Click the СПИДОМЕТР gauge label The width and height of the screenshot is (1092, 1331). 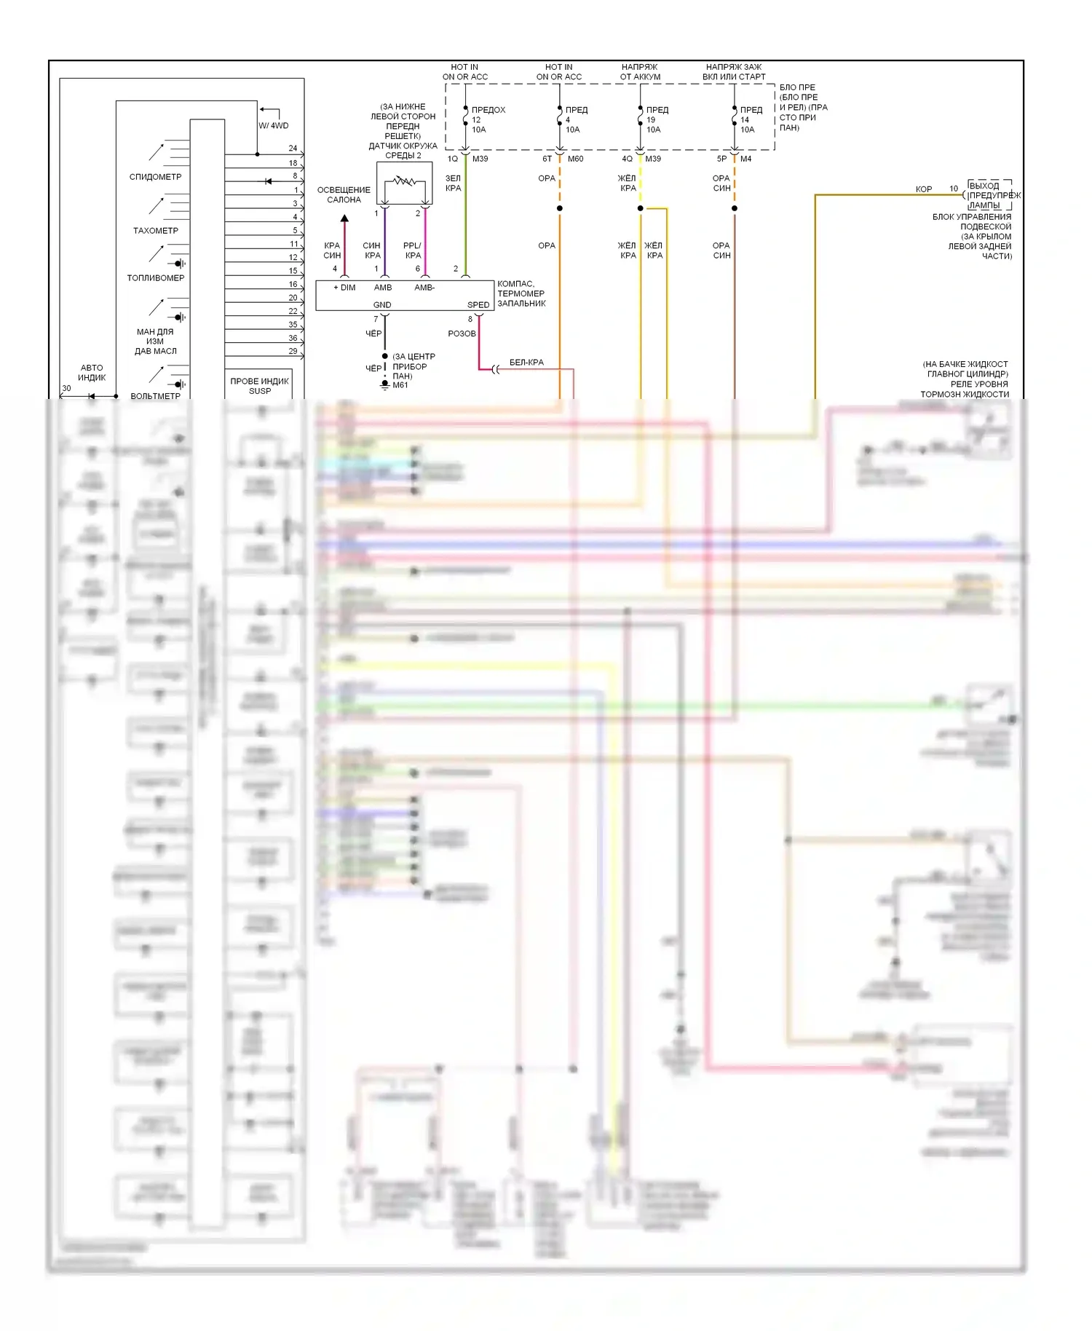pyautogui.click(x=155, y=177)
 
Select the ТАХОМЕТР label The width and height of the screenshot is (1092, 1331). pyautogui.click(x=155, y=231)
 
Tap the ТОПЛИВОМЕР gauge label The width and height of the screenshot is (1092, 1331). pyautogui.click(x=155, y=278)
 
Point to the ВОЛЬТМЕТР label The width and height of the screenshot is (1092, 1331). pyautogui.click(x=155, y=396)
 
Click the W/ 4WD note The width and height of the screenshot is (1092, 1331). pyautogui.click(x=274, y=125)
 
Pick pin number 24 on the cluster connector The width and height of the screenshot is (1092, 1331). pyautogui.click(x=293, y=149)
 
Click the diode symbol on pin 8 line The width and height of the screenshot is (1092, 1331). pyautogui.click(x=269, y=181)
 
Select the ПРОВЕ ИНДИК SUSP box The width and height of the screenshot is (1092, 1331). pyautogui.click(x=260, y=386)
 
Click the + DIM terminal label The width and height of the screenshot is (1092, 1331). pyautogui.click(x=344, y=288)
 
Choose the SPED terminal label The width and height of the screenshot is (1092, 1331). pyautogui.click(x=478, y=305)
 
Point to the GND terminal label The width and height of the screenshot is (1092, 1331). pyautogui.click(x=382, y=305)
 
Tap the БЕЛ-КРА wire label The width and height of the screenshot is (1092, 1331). pyautogui.click(x=526, y=363)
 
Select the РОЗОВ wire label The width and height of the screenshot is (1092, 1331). pyautogui.click(x=462, y=333)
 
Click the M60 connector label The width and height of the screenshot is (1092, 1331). pyautogui.click(x=575, y=159)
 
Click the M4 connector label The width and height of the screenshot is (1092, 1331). pyautogui.click(x=745, y=159)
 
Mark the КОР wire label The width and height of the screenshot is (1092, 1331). pyautogui.click(x=923, y=189)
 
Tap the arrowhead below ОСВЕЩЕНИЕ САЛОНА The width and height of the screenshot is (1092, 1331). pyautogui.click(x=344, y=218)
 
